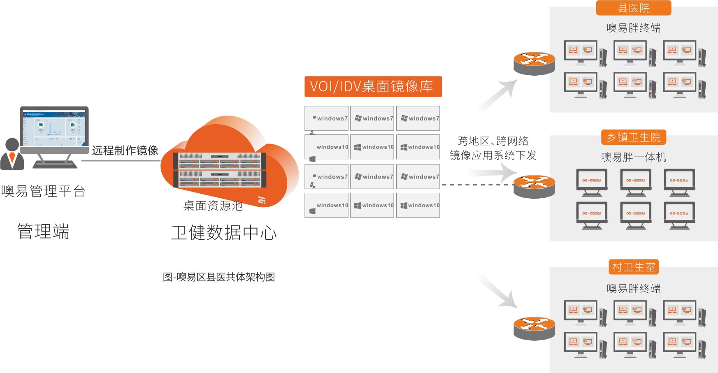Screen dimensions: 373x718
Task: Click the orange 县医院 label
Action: (633, 8)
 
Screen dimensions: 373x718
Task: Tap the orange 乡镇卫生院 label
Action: (633, 137)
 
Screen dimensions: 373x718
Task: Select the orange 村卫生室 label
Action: (633, 267)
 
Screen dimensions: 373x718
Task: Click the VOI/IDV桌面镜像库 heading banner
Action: (373, 86)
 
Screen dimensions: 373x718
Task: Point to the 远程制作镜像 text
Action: (125, 150)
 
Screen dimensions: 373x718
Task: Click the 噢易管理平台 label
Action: (43, 191)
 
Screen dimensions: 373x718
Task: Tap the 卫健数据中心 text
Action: (224, 232)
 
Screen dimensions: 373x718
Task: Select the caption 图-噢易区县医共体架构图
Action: (219, 277)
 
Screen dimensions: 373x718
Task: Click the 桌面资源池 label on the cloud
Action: (213, 206)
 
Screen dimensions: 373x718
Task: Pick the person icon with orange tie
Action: (12, 155)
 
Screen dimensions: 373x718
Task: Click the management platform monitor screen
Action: (54, 126)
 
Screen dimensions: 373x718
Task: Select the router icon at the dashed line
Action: (534, 186)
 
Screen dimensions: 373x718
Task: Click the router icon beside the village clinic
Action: (534, 328)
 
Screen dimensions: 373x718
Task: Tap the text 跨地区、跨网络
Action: (493, 141)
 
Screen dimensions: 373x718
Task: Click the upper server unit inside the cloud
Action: (219, 160)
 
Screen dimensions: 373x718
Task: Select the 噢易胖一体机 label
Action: (633, 157)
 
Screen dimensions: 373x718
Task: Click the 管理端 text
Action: (43, 232)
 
